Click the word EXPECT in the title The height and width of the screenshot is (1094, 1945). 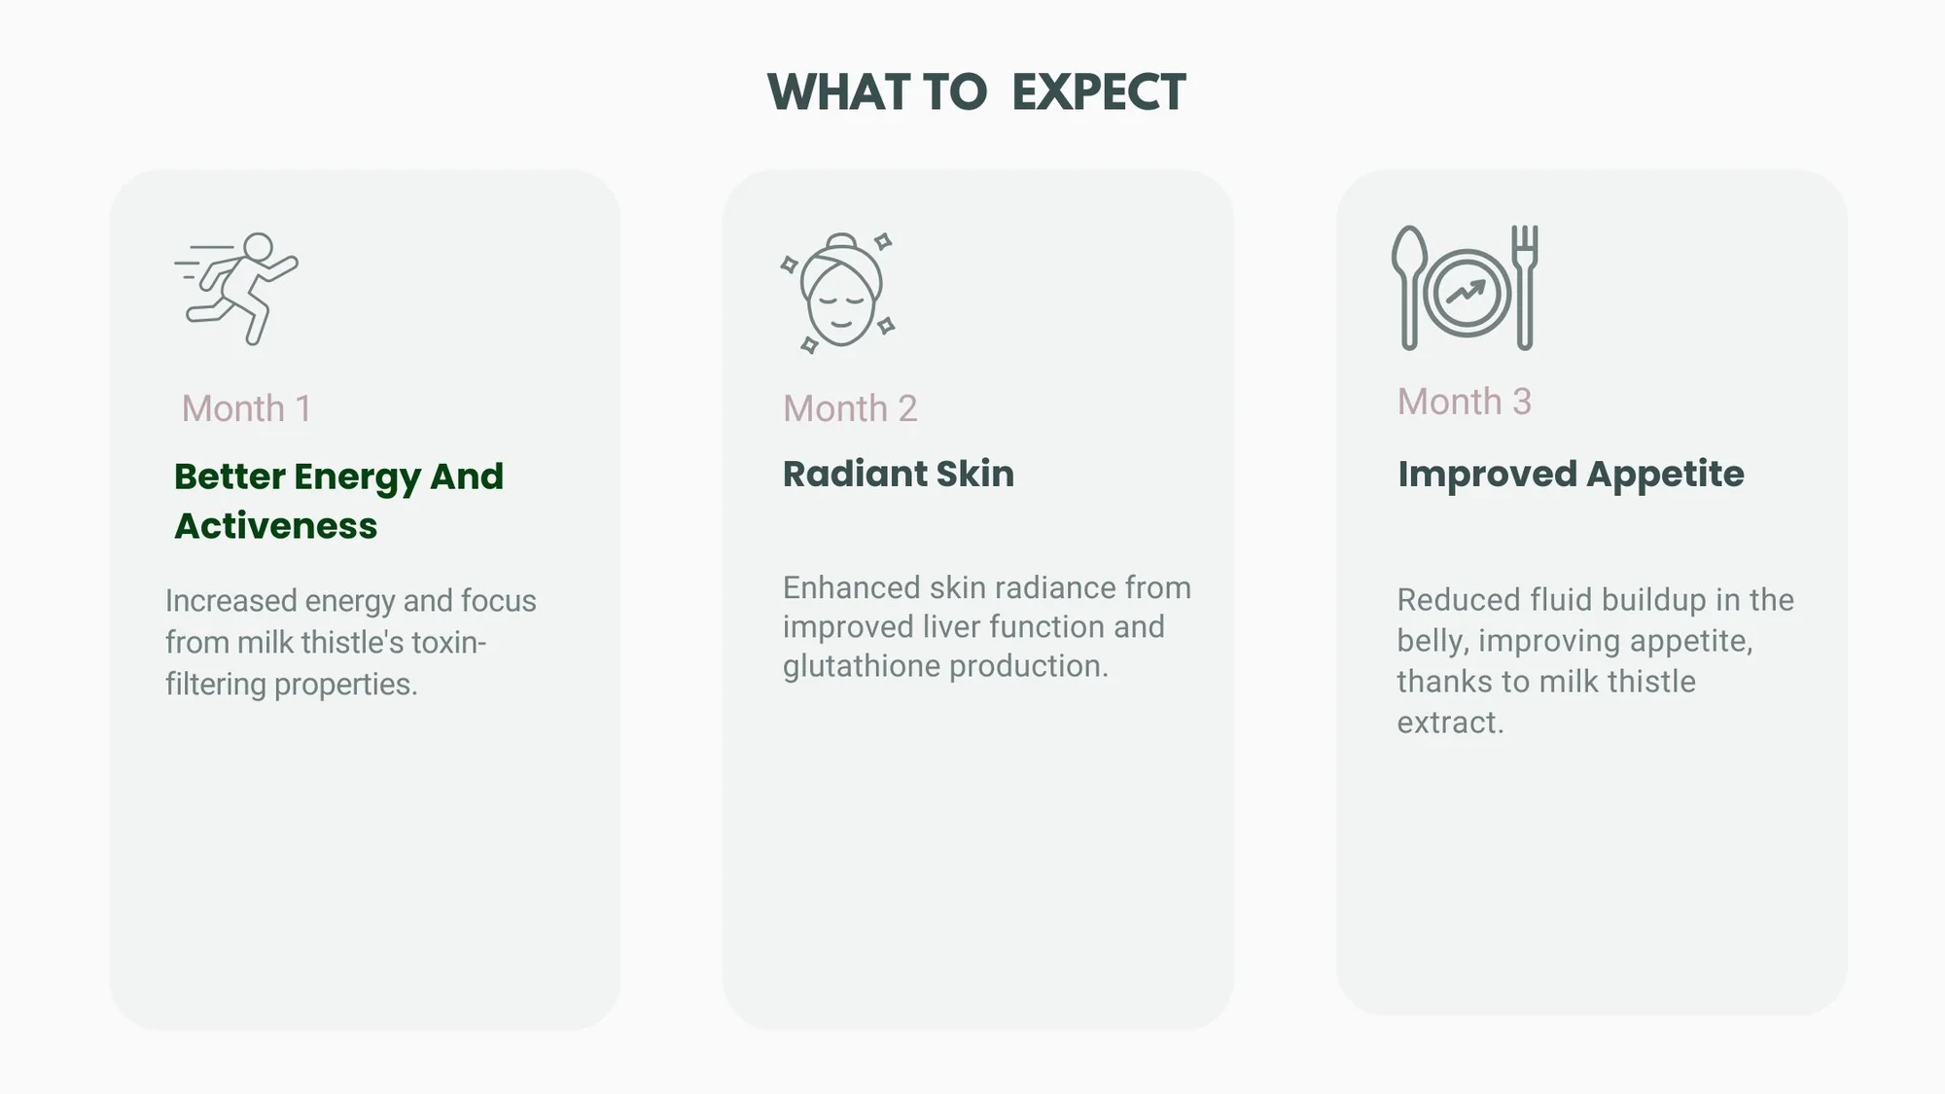click(1099, 93)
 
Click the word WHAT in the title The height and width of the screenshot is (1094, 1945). click(838, 93)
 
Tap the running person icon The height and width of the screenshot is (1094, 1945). click(236, 289)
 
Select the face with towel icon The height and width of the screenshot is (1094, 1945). click(838, 292)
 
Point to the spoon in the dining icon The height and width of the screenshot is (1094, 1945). click(1409, 288)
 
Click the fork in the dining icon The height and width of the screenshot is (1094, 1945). click(1525, 288)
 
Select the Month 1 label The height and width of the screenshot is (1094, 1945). click(246, 408)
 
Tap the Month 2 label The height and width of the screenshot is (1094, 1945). click(850, 408)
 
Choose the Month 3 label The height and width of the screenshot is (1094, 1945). click(1465, 402)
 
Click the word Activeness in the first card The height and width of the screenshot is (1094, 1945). click(276, 526)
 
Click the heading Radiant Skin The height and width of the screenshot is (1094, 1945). click(899, 474)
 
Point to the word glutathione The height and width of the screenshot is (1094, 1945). click(862, 666)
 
